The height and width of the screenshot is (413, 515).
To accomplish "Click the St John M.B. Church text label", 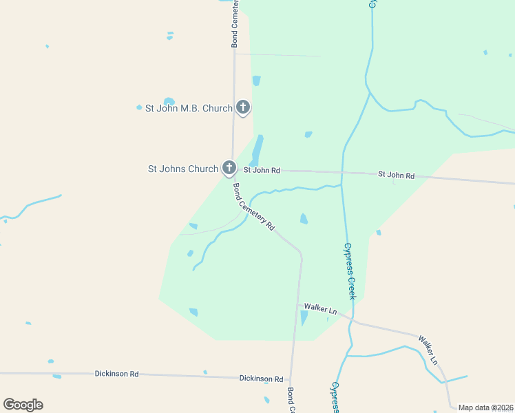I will click(189, 108).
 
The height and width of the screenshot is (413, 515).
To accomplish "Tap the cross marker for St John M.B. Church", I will click(242, 107).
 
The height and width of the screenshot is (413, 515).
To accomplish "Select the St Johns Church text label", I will click(183, 169).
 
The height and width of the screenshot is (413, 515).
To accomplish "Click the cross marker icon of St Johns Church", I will click(229, 167).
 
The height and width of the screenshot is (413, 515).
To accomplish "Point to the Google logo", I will click(23, 405).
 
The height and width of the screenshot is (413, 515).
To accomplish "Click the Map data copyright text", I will click(486, 407).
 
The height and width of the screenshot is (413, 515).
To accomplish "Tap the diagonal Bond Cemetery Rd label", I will click(253, 206).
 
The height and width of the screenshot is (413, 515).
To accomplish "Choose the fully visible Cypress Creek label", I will click(349, 271).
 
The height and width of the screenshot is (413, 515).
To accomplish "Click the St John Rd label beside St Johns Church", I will click(262, 170).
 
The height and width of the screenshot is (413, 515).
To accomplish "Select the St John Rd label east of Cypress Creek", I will click(396, 176).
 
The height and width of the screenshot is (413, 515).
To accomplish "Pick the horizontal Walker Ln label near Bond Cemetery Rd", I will click(320, 309).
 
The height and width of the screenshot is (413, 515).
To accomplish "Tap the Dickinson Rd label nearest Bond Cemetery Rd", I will click(261, 379).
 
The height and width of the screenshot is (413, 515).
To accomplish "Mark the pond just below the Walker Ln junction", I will click(304, 318).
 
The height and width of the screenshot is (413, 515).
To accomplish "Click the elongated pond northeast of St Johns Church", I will click(257, 150).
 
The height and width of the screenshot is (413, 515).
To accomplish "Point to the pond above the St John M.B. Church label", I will click(169, 101).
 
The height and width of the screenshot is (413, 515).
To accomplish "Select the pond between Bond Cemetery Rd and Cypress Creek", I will click(304, 219).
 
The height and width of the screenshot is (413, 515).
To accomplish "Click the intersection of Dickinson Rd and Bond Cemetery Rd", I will click(291, 379).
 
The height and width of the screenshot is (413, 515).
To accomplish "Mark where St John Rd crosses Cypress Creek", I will click(342, 173).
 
